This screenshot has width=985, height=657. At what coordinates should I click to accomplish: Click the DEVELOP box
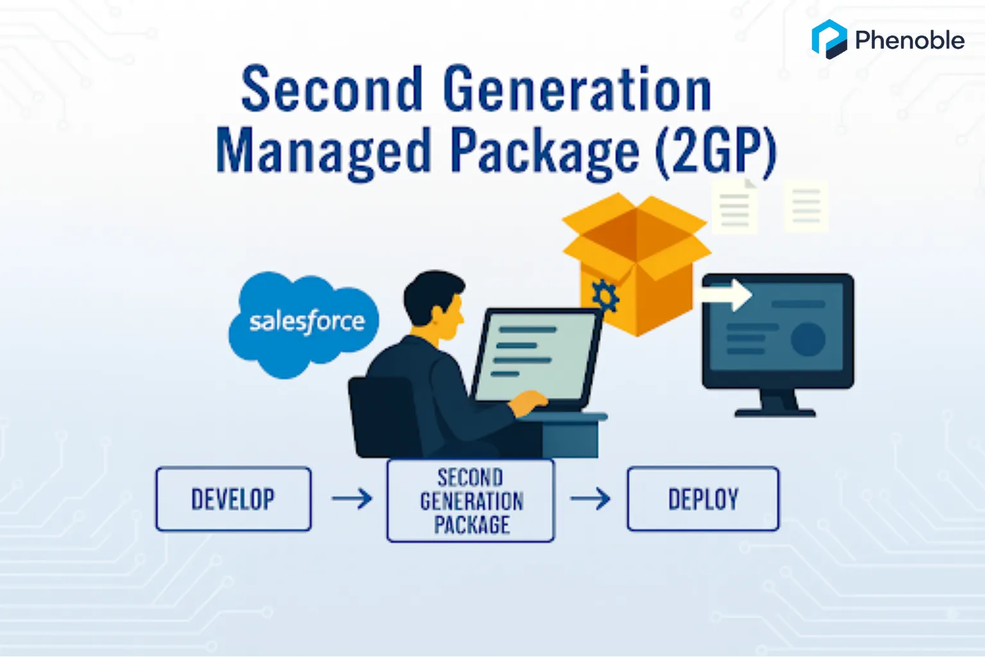[233, 499]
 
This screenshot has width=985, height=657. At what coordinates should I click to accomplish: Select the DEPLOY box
[703, 499]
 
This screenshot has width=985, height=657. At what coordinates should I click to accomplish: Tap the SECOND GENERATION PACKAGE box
[471, 501]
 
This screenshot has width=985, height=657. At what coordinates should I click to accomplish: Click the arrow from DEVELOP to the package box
[352, 499]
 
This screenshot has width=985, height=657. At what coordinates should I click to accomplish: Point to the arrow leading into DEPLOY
[591, 499]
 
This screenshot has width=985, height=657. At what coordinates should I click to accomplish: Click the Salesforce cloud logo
[303, 323]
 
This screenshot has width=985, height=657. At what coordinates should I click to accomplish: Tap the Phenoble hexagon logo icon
[829, 39]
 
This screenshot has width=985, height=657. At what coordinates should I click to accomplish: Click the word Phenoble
[909, 40]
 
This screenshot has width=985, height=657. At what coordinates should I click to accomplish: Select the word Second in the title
[332, 90]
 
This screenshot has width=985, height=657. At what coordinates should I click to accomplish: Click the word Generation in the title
[577, 90]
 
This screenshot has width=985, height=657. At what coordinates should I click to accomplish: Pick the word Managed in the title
[323, 151]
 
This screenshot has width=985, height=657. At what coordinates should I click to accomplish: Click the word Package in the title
[544, 151]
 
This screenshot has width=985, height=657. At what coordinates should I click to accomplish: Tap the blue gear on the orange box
[604, 296]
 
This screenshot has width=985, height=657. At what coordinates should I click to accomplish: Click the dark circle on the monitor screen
[807, 339]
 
